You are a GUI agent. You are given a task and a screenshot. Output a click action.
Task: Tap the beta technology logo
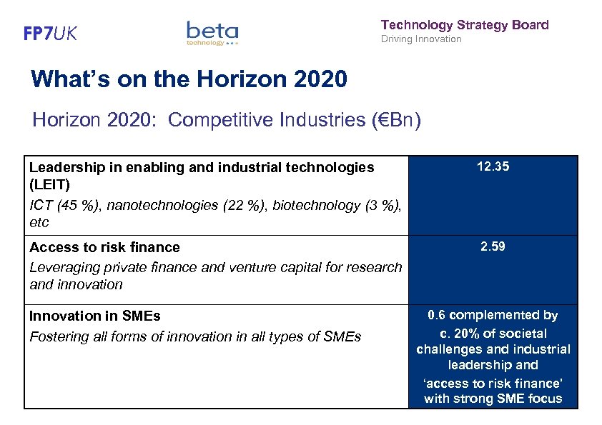tap(212, 33)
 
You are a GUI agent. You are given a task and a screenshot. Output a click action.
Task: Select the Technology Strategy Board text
tap(465, 25)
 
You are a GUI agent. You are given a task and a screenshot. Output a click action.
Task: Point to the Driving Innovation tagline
tap(421, 39)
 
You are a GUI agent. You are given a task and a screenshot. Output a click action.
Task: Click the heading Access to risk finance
tap(104, 247)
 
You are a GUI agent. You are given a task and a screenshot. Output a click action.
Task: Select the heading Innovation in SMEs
tap(94, 316)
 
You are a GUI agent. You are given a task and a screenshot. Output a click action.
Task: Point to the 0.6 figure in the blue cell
tap(437, 315)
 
